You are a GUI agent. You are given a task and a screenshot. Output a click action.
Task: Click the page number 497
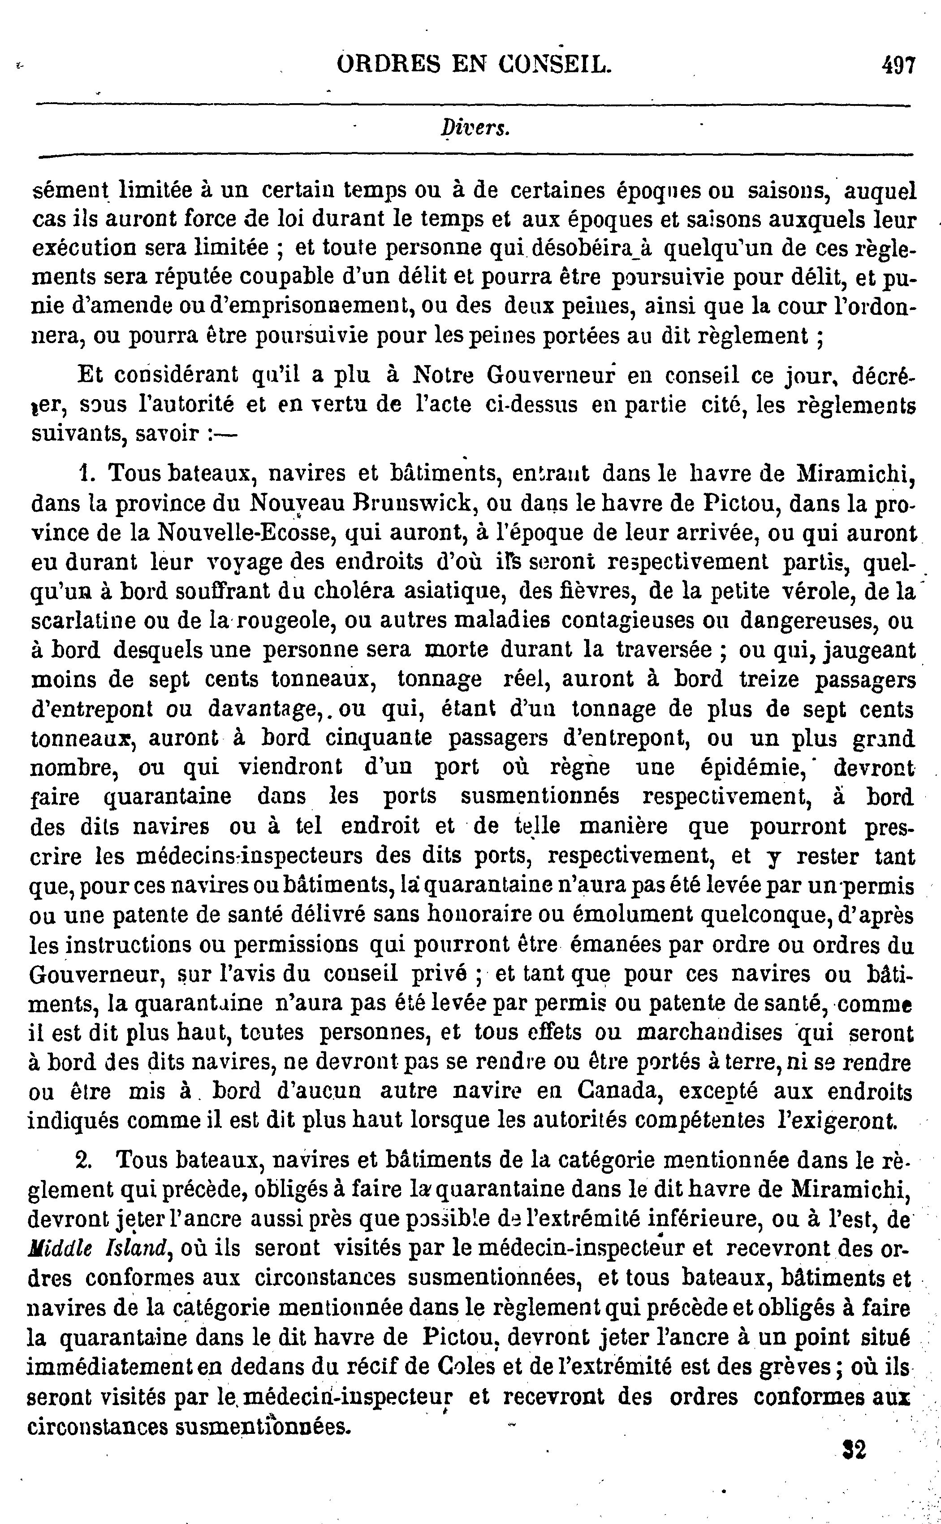click(x=897, y=65)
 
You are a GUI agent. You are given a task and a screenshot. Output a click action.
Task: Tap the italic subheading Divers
click(x=475, y=128)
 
